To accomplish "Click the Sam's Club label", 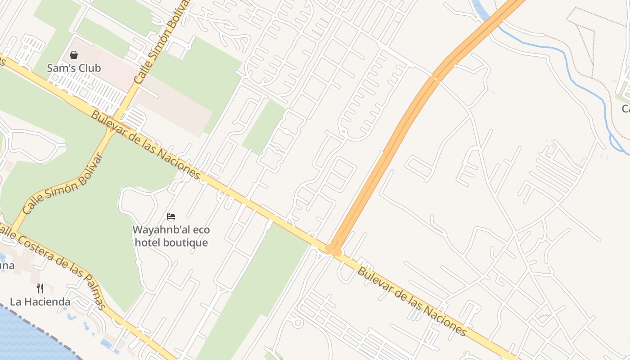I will point(74,68).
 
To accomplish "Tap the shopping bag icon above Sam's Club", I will point(74,55).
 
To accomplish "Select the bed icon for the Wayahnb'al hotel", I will point(171,216).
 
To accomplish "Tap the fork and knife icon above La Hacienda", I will point(40,288).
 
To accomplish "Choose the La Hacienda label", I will point(40,301).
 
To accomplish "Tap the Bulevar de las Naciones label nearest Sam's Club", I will point(145,144).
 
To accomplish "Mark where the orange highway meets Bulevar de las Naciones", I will point(333,250).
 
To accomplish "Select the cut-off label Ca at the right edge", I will point(625,108).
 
